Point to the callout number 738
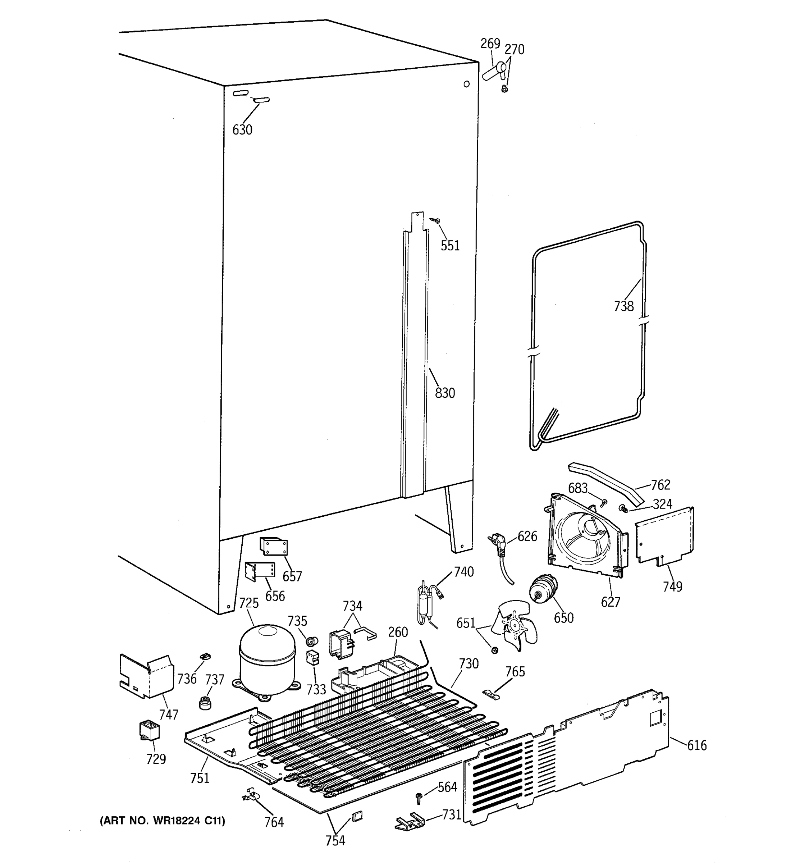623,306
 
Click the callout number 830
445,393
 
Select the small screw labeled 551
436,221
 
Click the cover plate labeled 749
664,537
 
